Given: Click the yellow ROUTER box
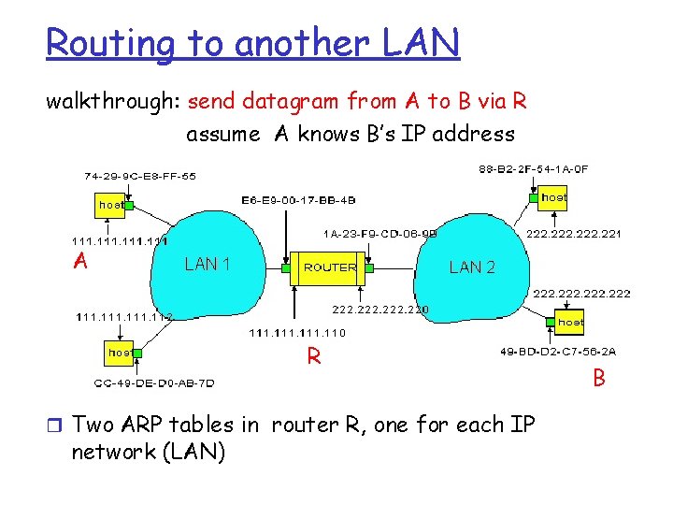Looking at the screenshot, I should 330,267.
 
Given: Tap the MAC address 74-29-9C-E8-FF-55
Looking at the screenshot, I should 140,176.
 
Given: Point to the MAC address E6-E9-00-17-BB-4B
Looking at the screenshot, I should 298,200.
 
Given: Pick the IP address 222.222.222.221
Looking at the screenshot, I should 574,234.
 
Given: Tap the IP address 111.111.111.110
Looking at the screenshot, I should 297,332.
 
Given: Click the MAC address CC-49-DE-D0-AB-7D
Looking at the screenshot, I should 154,382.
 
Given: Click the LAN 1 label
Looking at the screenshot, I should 208,265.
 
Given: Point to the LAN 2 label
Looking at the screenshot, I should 472,267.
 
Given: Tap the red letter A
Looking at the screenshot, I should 81,262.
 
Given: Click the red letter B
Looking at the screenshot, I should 598,380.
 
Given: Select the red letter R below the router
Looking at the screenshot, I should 315,356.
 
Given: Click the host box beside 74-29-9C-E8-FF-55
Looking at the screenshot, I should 111,204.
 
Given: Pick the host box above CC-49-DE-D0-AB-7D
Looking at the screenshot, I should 120,353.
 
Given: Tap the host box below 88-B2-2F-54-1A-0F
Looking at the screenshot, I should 553,197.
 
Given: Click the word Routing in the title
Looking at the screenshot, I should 103,43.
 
